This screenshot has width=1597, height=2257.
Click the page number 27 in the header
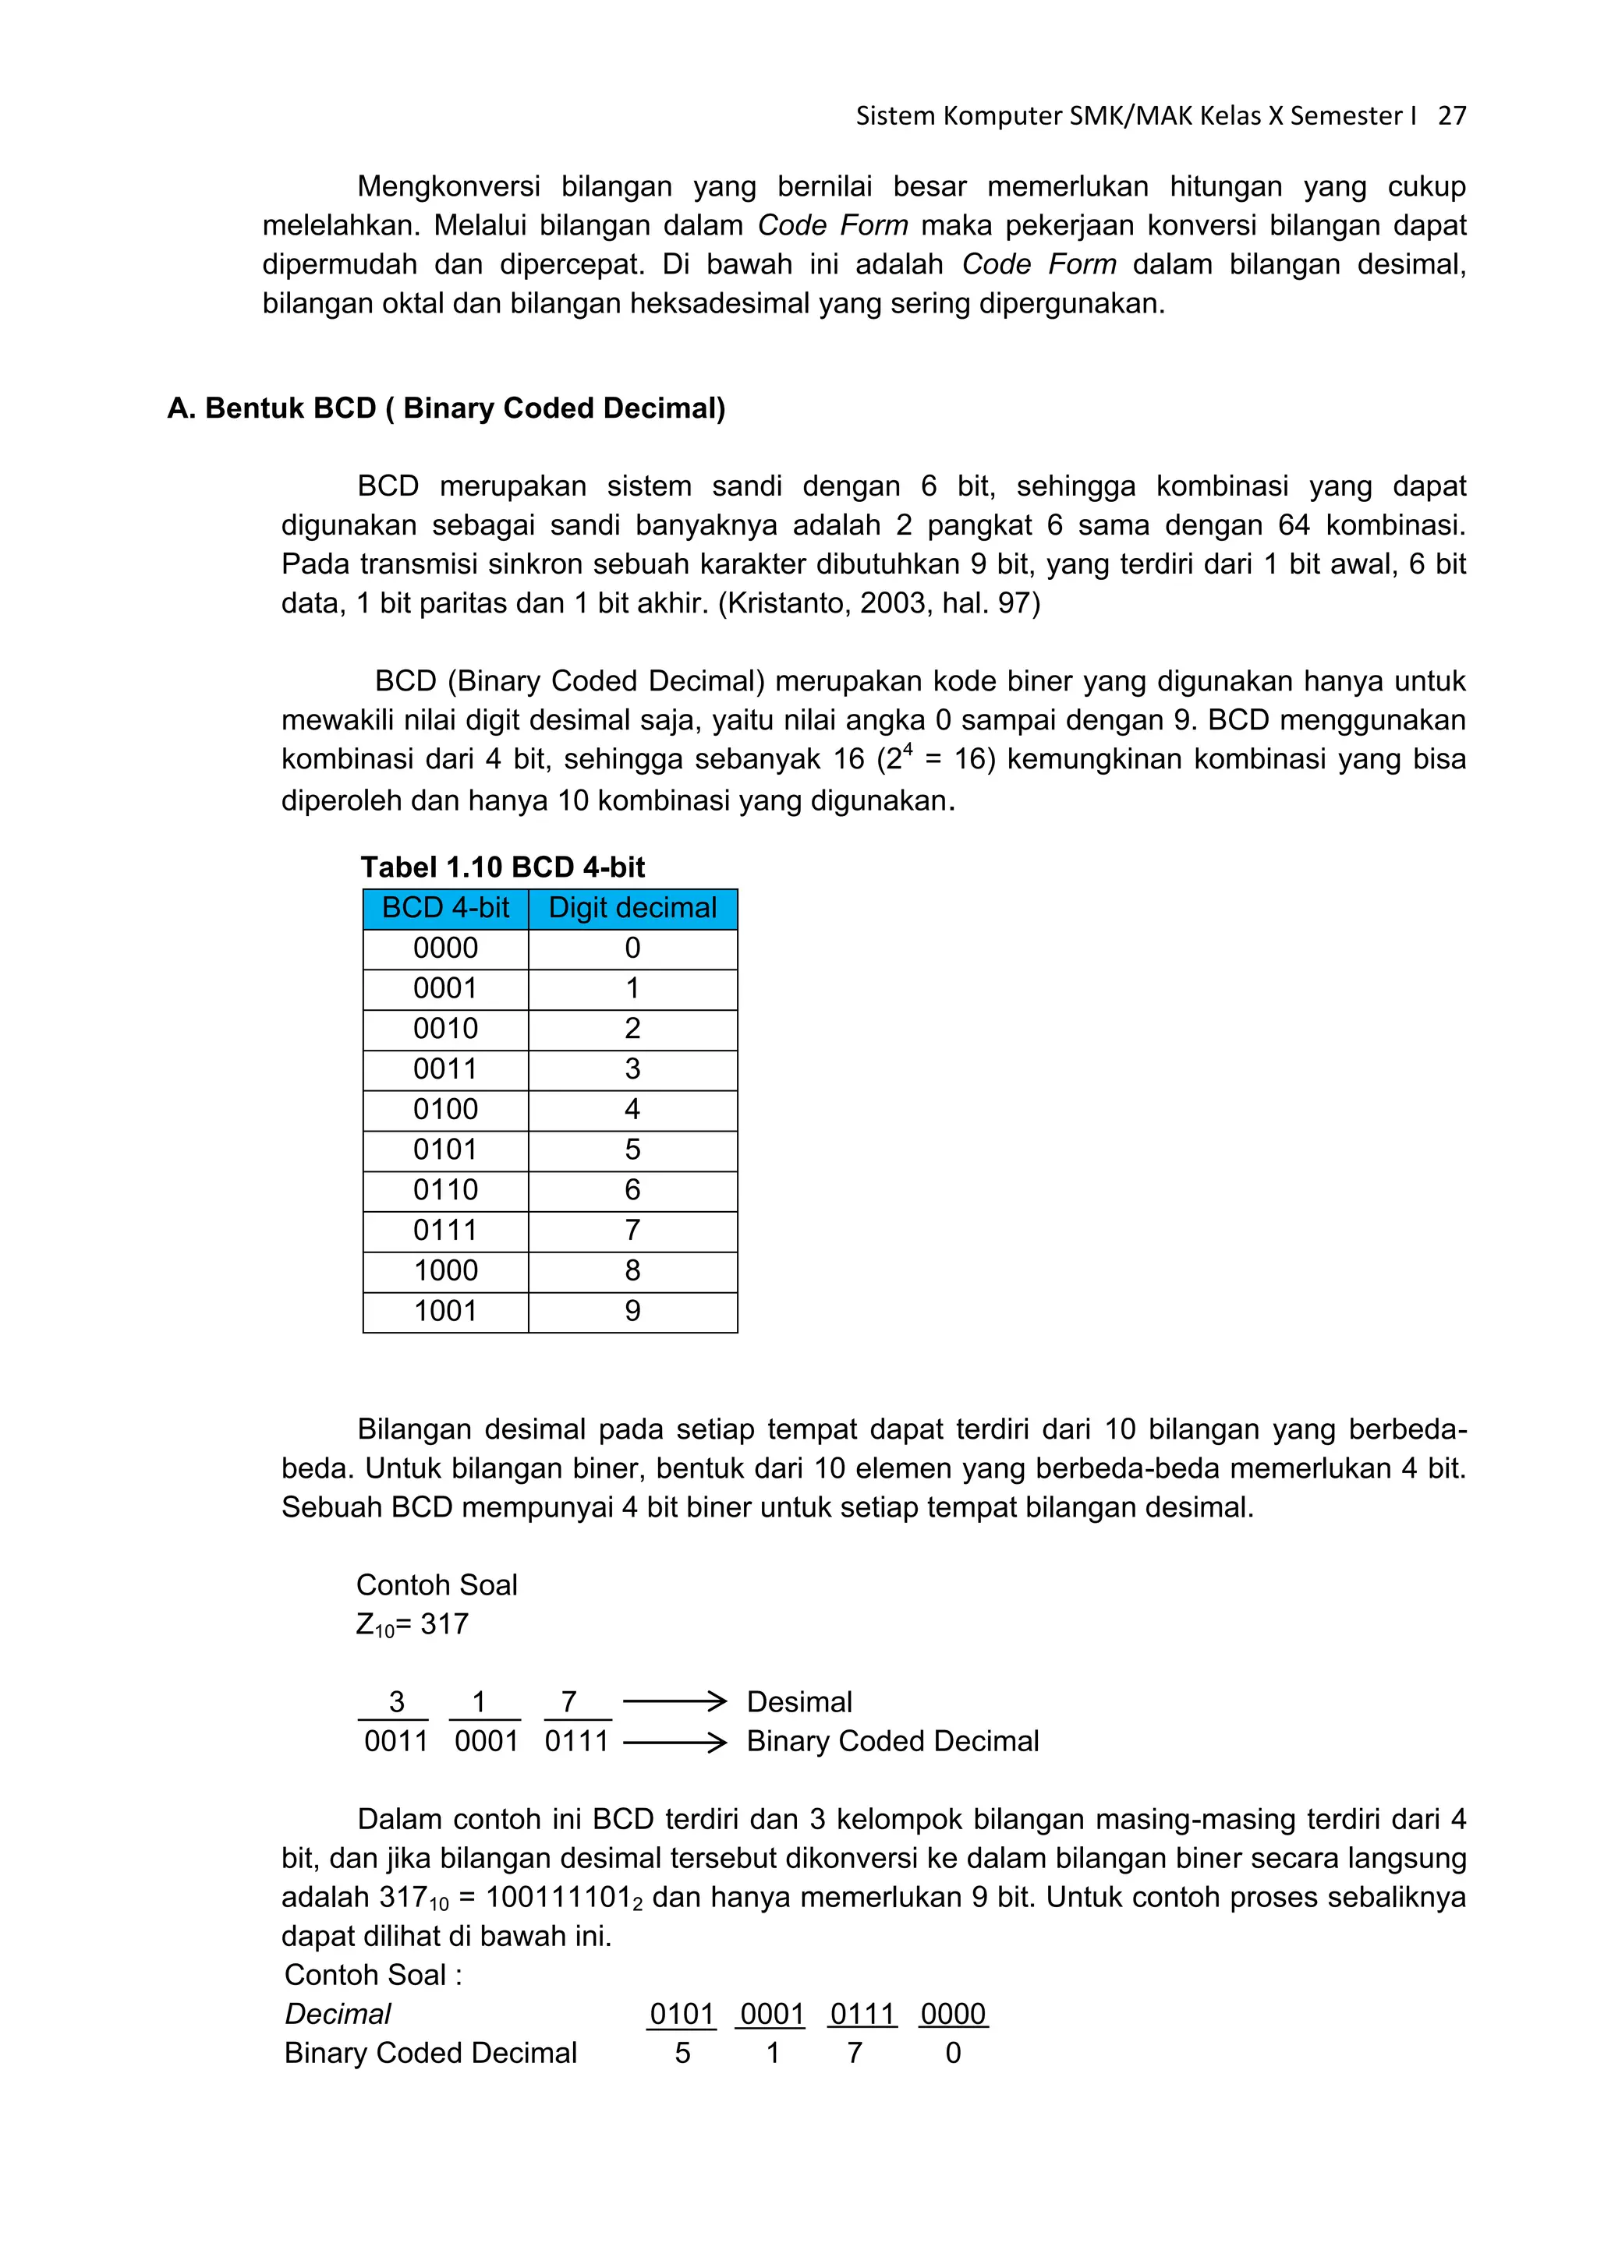tap(1451, 116)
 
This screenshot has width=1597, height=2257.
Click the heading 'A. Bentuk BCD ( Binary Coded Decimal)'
tap(447, 408)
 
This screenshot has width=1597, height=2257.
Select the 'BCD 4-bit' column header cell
tap(445, 908)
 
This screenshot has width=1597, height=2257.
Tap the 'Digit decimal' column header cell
tap(632, 908)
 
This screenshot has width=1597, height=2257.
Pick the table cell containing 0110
tap(445, 1190)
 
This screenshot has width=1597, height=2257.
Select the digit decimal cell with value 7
tap(632, 1231)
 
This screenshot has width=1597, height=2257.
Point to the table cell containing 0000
tap(445, 948)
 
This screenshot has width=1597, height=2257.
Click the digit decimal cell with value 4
tap(632, 1110)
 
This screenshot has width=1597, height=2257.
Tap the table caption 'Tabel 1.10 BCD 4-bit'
tap(502, 867)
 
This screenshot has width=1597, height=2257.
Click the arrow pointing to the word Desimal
tap(675, 1701)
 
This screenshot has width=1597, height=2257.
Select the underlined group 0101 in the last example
tap(682, 2014)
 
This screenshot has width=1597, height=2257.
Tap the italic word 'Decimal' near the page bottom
tap(338, 2014)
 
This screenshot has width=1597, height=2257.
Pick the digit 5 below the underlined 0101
tap(682, 2054)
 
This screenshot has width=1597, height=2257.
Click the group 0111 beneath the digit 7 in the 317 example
tap(577, 1742)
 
